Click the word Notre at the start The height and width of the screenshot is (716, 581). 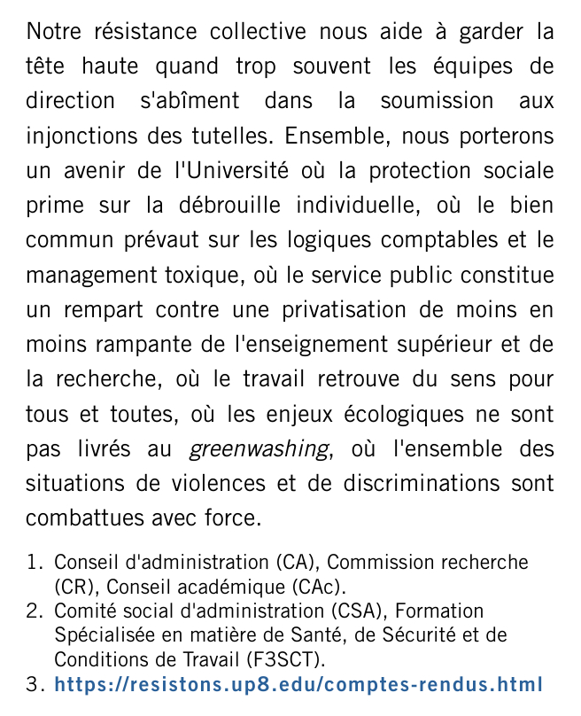[53, 33]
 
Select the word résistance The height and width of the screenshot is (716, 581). [144, 33]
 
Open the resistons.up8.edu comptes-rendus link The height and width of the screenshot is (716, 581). [298, 685]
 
